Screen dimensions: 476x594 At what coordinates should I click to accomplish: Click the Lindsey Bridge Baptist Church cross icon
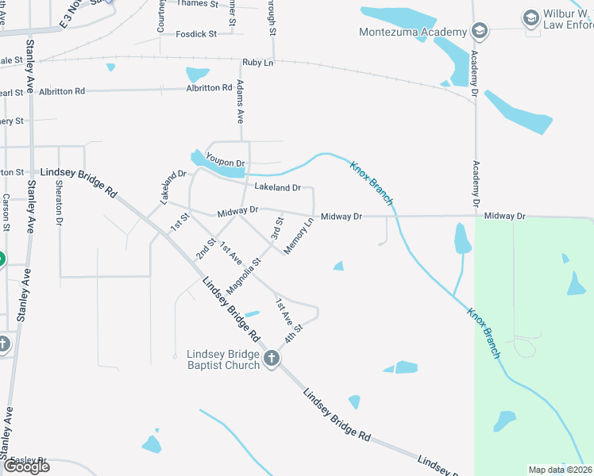click(x=272, y=359)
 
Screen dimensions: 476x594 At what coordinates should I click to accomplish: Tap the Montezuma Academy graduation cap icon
click(x=479, y=32)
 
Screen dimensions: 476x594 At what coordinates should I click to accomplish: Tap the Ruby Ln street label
click(x=257, y=62)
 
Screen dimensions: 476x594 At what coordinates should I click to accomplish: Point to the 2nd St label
click(x=206, y=249)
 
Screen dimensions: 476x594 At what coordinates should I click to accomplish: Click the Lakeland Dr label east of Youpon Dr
click(x=277, y=188)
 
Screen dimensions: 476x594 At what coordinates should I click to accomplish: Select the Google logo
click(x=26, y=466)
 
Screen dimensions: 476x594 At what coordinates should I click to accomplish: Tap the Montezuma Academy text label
click(x=412, y=32)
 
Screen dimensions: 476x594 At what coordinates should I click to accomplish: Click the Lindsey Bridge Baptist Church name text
click(x=223, y=359)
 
